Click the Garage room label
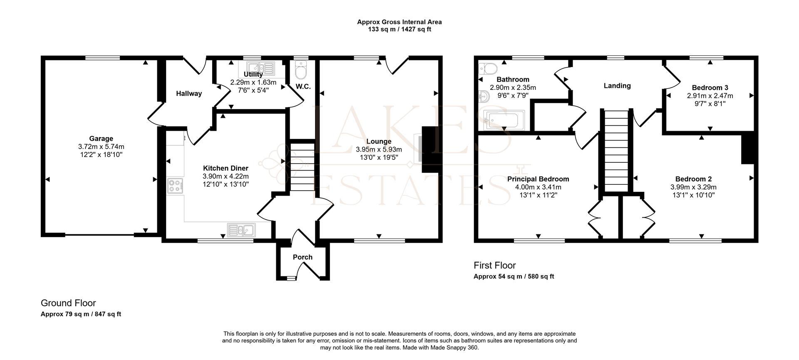pos(101,139)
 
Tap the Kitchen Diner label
pos(226,168)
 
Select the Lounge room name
pos(379,142)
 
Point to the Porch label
pos(303,257)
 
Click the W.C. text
pos(303,87)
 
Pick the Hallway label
pos(189,94)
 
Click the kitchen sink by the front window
pos(241,230)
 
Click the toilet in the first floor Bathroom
pos(487,68)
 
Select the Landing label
pos(617,86)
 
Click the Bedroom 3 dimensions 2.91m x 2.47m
pos(710,96)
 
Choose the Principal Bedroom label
pos(538,179)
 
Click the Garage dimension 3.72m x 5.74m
pos(101,146)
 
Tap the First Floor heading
pos(495,265)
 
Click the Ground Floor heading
pos(68,303)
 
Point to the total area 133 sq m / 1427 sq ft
pos(399,30)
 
